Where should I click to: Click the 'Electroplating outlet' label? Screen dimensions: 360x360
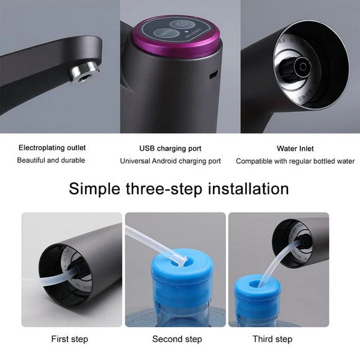[52, 148]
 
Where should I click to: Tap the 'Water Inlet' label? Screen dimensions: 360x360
[295, 148]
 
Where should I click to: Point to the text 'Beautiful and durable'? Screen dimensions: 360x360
[51, 160]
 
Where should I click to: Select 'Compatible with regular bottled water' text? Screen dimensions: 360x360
[295, 161]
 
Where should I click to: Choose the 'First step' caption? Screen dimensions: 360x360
[69, 339]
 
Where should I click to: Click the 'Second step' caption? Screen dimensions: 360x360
[177, 339]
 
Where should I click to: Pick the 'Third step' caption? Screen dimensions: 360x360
[272, 339]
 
